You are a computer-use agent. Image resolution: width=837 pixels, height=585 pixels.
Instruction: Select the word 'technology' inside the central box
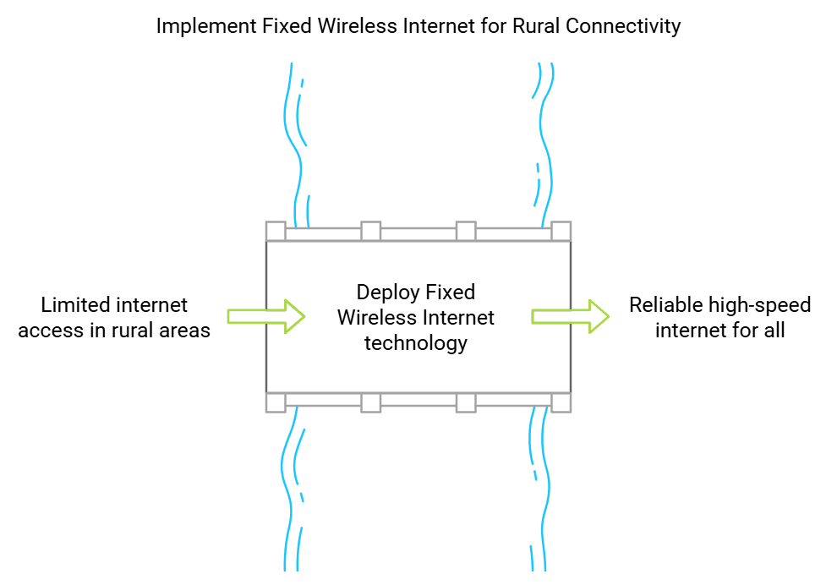416,343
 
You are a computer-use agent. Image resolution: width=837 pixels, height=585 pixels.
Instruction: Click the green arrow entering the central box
266,316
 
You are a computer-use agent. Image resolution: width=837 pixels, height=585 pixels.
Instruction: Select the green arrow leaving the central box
570,316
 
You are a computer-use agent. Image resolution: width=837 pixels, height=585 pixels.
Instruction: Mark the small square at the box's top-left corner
276,231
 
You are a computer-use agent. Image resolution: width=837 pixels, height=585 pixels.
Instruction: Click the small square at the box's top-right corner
561,231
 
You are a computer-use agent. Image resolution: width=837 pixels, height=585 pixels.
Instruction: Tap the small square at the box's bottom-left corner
276,402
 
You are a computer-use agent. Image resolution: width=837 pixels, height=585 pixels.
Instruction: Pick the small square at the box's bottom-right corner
561,402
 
